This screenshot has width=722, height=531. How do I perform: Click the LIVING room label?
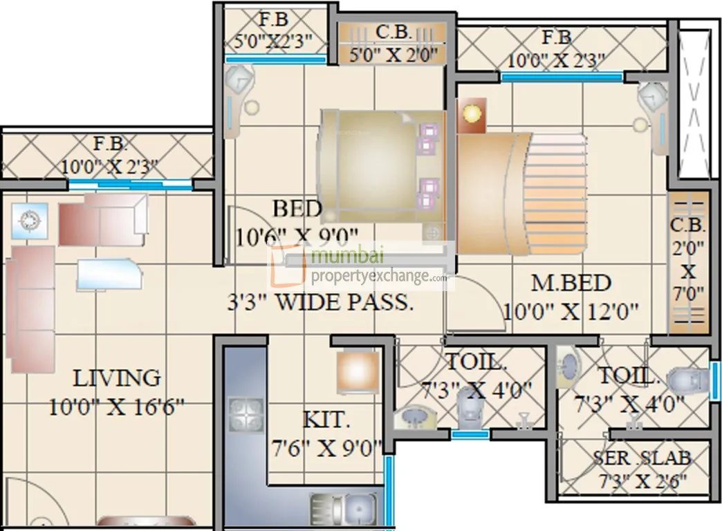click(116, 378)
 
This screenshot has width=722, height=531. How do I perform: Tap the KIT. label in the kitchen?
click(326, 420)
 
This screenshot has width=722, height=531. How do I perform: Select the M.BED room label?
click(571, 283)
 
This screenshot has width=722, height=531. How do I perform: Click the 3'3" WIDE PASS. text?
click(321, 303)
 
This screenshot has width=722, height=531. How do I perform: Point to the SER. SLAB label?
click(641, 458)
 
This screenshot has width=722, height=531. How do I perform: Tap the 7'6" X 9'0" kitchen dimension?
click(326, 448)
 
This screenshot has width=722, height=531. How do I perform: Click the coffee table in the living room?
click(109, 272)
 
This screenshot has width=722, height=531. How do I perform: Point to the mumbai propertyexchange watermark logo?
click(360, 266)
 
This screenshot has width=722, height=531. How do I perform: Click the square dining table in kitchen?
click(358, 372)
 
